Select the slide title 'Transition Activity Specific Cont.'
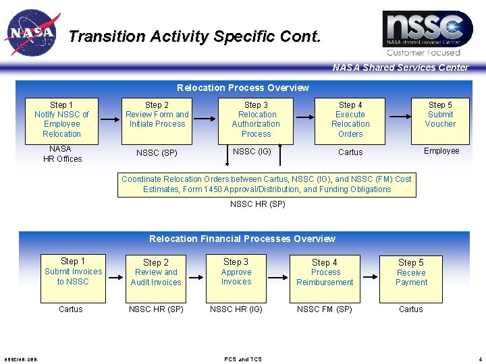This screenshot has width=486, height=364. [x=194, y=36]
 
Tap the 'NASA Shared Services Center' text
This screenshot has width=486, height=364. [x=400, y=67]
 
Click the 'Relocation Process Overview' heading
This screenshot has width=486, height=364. [x=243, y=88]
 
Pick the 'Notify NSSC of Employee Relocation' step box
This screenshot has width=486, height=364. [x=62, y=119]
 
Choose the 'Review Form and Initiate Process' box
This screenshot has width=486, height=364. [x=157, y=119]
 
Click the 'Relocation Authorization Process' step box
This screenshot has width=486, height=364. [x=256, y=119]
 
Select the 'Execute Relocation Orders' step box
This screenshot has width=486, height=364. [x=350, y=119]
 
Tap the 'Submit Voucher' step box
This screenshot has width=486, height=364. [x=440, y=119]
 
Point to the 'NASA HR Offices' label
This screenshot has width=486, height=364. [x=62, y=154]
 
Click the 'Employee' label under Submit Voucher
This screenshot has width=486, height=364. [x=441, y=151]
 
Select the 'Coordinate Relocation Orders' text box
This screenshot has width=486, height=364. [x=267, y=184]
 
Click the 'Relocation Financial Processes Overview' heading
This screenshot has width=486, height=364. [x=242, y=239]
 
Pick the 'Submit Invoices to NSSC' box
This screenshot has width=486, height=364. [x=73, y=276]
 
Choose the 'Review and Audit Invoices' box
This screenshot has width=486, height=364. [x=156, y=276]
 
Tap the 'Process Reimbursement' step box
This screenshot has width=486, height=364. [x=325, y=276]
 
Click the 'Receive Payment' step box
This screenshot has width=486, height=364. [x=411, y=276]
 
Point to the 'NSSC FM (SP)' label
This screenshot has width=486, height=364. [x=325, y=309]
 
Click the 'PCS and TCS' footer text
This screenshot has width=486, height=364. [x=243, y=359]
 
